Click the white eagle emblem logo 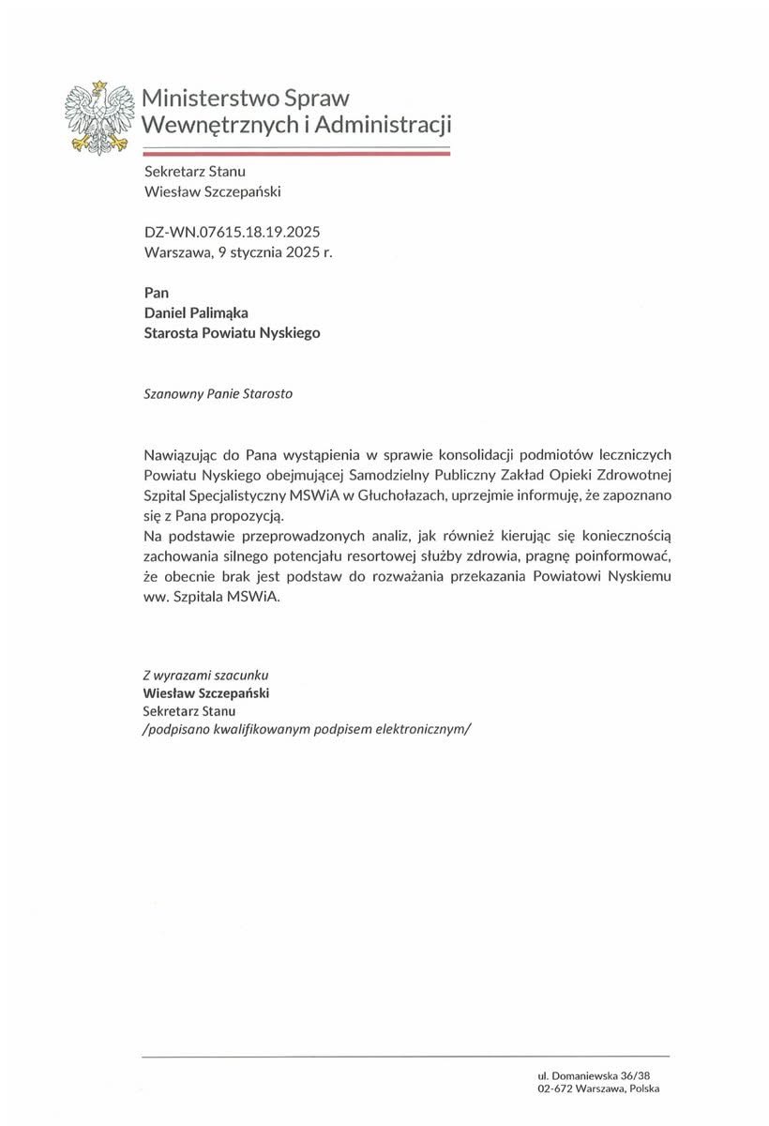tap(96, 116)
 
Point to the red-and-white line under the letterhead tap(296, 150)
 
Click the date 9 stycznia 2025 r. tap(275, 251)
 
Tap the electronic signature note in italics tap(306, 730)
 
